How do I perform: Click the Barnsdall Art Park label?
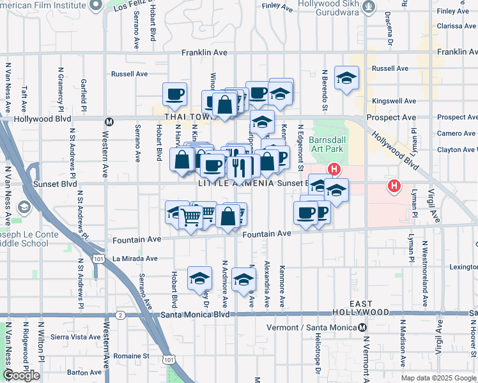pos(326,144)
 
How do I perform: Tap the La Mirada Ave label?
pos(134,259)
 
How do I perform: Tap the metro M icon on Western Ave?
pos(109,121)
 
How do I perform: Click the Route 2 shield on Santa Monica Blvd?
pos(121,315)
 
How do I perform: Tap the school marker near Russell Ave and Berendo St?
pos(346,78)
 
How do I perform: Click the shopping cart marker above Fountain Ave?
pos(191,217)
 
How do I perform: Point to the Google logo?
pos(22,375)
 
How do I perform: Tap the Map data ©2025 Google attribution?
pos(438,378)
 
